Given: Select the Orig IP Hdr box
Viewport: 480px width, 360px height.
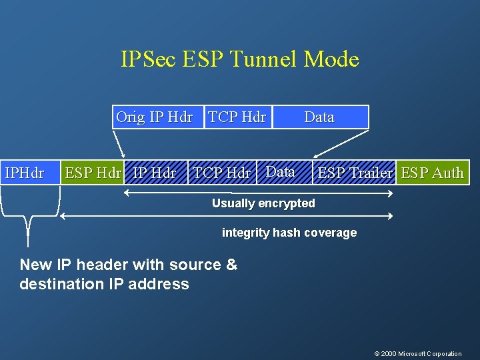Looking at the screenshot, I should (x=154, y=117).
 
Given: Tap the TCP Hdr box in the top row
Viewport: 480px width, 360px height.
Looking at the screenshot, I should (x=237, y=117).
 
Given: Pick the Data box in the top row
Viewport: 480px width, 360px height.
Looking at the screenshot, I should (x=319, y=117).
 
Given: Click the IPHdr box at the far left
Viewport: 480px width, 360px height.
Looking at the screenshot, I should (x=24, y=173).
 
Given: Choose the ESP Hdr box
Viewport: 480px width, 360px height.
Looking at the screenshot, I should (x=93, y=173).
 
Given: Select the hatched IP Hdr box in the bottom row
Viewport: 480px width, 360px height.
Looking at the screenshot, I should (x=155, y=173).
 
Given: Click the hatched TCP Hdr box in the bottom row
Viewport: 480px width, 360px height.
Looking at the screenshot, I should (x=221, y=173).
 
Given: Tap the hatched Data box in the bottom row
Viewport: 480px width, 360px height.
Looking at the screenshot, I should (x=281, y=172).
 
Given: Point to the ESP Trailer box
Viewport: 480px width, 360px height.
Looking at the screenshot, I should (x=355, y=173).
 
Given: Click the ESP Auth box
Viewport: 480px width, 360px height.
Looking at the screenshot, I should (x=432, y=173).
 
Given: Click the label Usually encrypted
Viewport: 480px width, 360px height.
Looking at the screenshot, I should (x=263, y=203).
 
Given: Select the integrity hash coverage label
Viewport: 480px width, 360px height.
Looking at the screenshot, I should (x=289, y=233).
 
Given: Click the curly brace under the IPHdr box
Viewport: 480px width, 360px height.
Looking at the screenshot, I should (x=29, y=220).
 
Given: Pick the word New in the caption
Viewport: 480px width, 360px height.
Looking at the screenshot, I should (x=35, y=265).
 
